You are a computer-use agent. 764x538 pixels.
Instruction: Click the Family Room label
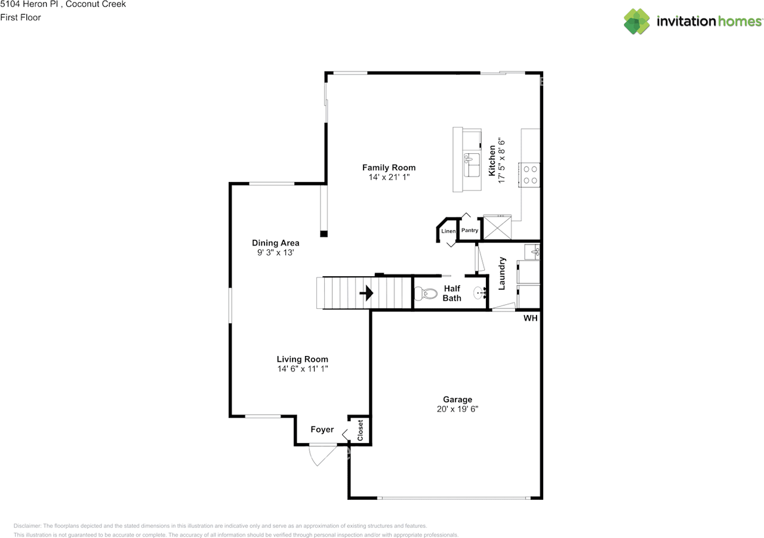(x=389, y=168)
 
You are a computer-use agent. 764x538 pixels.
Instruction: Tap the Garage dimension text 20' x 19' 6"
(x=457, y=409)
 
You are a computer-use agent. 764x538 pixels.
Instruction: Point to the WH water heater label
(x=530, y=319)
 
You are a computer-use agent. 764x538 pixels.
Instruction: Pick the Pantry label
(x=470, y=230)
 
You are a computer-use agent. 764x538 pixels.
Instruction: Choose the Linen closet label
(x=448, y=231)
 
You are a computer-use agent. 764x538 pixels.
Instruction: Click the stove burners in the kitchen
(x=530, y=174)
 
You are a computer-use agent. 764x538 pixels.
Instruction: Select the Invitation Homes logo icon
(x=637, y=21)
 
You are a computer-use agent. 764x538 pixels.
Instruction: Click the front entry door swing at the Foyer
(x=321, y=455)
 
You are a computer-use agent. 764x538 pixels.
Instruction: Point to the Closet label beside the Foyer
(x=360, y=431)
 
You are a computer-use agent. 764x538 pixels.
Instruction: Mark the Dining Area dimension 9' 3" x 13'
(x=275, y=252)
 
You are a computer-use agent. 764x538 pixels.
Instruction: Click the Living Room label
(x=302, y=359)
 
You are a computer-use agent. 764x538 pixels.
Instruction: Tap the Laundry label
(x=502, y=273)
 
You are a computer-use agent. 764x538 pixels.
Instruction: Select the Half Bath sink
(x=479, y=293)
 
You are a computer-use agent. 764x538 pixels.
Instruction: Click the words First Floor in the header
(x=21, y=17)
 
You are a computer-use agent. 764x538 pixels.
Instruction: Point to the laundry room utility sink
(x=532, y=252)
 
